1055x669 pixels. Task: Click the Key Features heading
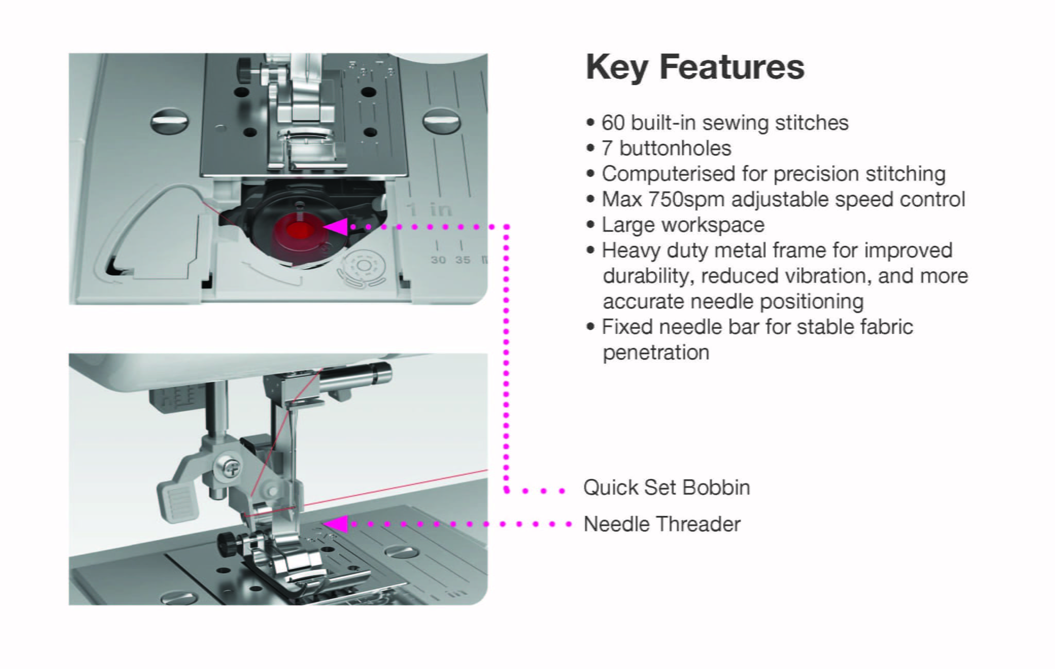(694, 68)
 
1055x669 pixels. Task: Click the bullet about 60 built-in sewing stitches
(724, 123)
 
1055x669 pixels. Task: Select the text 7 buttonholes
(666, 148)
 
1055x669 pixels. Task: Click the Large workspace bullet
(683, 225)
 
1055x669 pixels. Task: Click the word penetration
(656, 353)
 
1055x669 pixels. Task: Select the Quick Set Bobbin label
(666, 488)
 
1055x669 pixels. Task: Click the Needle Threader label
(662, 524)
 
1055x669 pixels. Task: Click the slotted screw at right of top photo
(441, 122)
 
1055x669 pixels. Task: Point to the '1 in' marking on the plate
(429, 210)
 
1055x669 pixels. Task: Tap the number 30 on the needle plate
(438, 260)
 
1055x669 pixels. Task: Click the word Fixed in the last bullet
(627, 327)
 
